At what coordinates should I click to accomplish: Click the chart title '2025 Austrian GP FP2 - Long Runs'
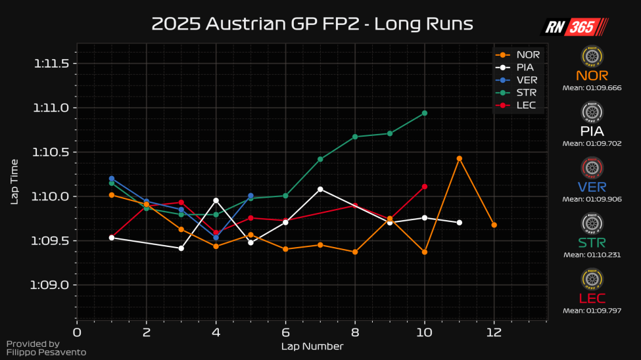tap(312, 24)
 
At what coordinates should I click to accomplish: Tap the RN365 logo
tap(574, 26)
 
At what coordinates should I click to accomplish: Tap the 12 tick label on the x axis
tap(494, 332)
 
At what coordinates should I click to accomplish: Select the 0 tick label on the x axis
tap(77, 332)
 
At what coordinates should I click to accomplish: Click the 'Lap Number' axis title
tap(312, 346)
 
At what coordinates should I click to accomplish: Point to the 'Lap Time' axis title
tap(14, 180)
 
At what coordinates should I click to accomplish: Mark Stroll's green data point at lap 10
tap(425, 113)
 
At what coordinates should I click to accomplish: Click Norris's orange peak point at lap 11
tap(460, 158)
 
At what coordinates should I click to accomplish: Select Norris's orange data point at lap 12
tap(494, 225)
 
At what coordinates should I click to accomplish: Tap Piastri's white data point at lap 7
tap(320, 189)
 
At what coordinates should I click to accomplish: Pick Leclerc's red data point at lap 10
tap(425, 187)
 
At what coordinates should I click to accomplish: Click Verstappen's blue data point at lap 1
tap(112, 179)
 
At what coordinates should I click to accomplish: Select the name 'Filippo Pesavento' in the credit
tap(46, 353)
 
